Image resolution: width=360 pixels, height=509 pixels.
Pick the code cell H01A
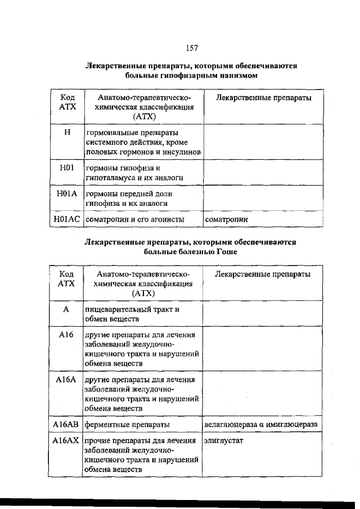point(67,193)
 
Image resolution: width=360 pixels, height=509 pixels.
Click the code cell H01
point(67,168)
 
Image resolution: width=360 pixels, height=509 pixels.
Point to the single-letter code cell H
point(67,133)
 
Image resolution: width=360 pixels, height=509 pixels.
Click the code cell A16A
point(65,380)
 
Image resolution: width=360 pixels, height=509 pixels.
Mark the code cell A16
point(65,335)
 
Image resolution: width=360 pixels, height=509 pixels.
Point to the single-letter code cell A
point(65,309)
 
